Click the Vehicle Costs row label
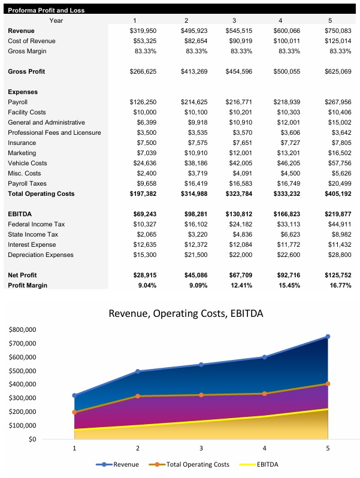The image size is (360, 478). (x=27, y=163)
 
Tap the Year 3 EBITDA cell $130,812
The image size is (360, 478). (x=239, y=214)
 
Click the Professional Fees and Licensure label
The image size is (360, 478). (x=55, y=132)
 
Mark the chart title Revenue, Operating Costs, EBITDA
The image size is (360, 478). (x=186, y=313)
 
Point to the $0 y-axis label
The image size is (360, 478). (x=32, y=440)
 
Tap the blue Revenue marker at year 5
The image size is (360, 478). (x=328, y=337)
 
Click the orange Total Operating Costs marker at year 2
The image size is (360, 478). (x=138, y=396)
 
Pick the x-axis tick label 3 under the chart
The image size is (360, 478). (x=201, y=448)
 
